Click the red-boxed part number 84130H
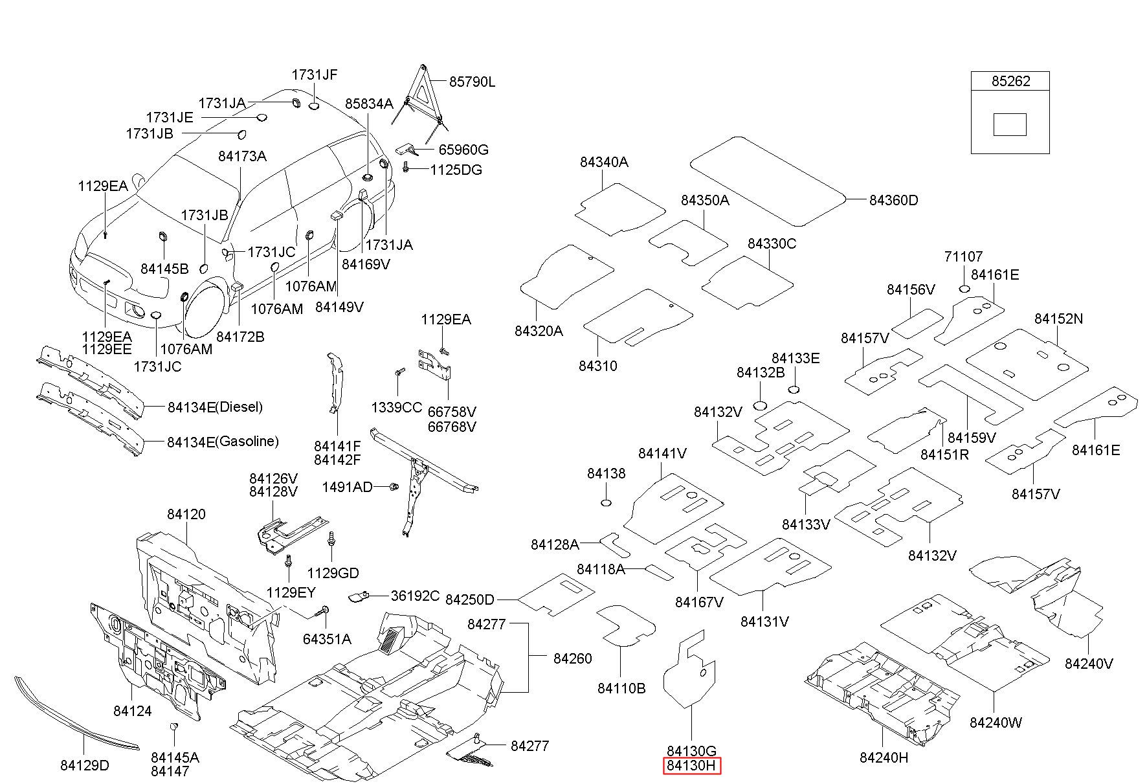coord(692,766)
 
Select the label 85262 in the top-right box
coord(1010,81)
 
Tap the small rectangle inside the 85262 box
coord(1010,124)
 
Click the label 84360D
coord(893,200)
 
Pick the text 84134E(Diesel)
coord(215,407)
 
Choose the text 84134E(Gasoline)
coord(223,442)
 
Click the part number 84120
coord(186,514)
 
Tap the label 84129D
coord(85,765)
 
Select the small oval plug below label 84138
coord(607,504)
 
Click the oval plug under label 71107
coord(964,288)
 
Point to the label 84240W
coord(996,722)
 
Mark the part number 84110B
coord(621,688)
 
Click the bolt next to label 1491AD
coord(392,487)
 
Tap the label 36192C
coord(415,596)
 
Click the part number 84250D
coord(470,599)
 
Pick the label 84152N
coord(1058,319)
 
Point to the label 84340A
coord(604,162)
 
